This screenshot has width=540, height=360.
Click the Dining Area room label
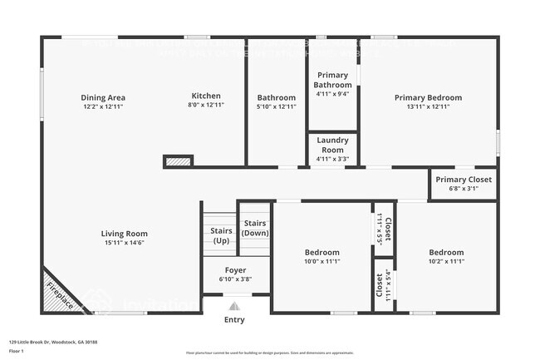(104, 101)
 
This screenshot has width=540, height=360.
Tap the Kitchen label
(206, 101)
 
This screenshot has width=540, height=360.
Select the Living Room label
(125, 238)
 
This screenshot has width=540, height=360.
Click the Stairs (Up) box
(220, 235)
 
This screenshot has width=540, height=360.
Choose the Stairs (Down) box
(254, 228)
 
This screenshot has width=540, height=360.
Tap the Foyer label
(235, 274)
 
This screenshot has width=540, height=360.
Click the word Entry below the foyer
(235, 319)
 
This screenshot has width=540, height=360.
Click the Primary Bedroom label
(428, 101)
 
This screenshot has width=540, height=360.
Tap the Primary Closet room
(463, 183)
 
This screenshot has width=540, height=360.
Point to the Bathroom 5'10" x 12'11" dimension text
(277, 106)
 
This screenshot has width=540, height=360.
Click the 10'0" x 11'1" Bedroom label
(322, 256)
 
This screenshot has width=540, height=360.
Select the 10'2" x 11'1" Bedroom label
(446, 256)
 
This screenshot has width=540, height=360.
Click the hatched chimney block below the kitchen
(178, 160)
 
